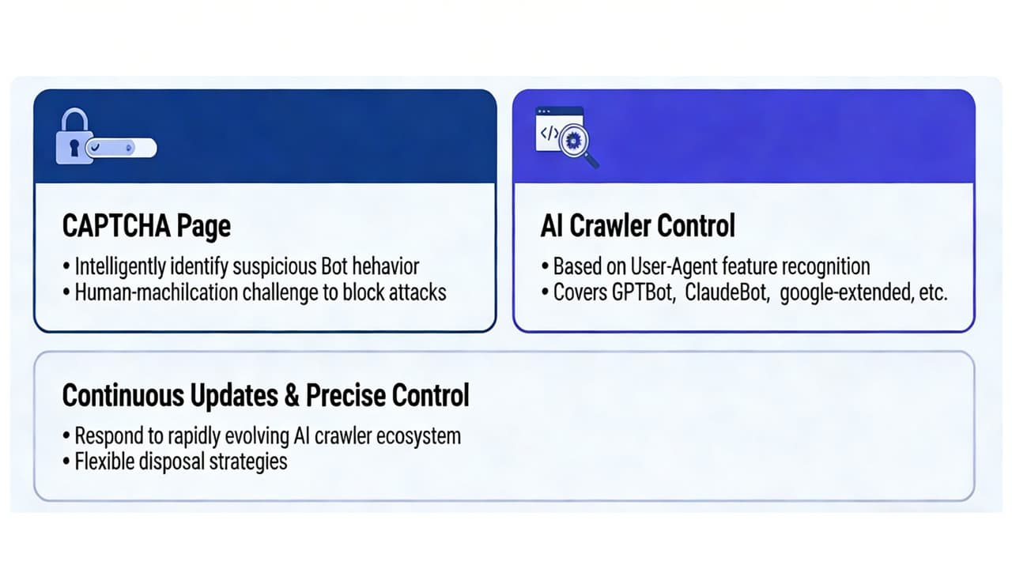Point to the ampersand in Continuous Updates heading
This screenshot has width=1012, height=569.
(x=291, y=395)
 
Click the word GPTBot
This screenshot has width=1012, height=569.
(x=642, y=292)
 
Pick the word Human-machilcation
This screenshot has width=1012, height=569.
(x=150, y=292)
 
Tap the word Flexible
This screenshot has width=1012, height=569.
(x=102, y=461)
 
